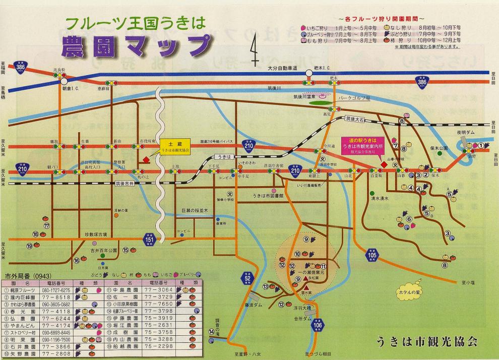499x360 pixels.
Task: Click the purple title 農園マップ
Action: pyautogui.click(x=136, y=46)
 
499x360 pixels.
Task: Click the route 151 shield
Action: pyautogui.click(x=149, y=241)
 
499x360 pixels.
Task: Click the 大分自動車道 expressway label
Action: pyautogui.click(x=283, y=68)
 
